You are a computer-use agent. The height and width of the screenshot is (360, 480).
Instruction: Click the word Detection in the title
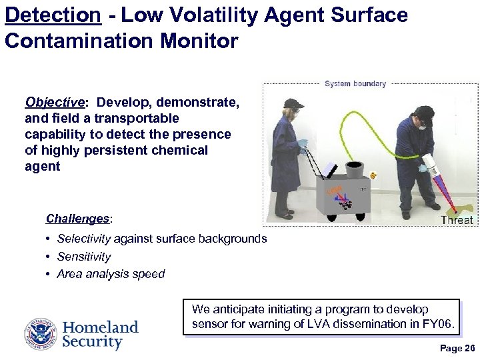[x=53, y=15]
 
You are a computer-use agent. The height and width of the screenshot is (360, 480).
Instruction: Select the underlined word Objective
[x=54, y=102]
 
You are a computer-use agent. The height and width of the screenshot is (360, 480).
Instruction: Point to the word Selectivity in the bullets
[x=84, y=239]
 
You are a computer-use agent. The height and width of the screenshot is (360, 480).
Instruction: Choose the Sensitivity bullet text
[x=84, y=257]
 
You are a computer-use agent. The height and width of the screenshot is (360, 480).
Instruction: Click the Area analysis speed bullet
[x=111, y=274]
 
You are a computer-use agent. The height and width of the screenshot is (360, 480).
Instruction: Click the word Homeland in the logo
[x=100, y=327]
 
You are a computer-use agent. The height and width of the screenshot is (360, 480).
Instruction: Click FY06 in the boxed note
[x=438, y=325]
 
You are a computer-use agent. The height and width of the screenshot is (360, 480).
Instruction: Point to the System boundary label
[x=355, y=84]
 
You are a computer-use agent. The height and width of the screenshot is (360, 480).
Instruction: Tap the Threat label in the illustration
[x=457, y=220]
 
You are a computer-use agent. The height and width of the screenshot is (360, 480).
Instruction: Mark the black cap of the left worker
[x=293, y=103]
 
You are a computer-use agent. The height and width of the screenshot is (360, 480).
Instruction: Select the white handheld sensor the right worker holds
[x=431, y=167]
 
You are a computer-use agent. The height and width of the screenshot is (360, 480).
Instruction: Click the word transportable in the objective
[x=137, y=118]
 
